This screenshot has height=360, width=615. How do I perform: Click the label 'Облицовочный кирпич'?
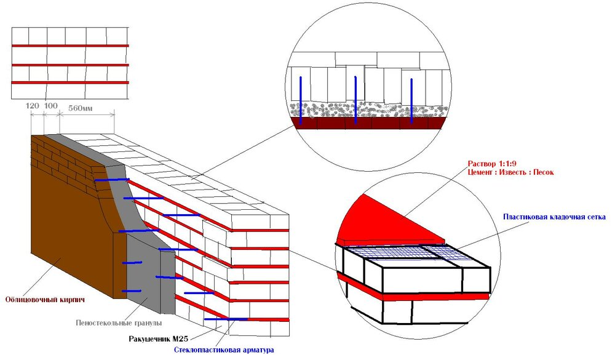click(x=45, y=300)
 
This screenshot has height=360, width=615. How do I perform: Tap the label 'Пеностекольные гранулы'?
click(x=119, y=323)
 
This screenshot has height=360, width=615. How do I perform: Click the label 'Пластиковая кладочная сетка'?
click(x=554, y=217)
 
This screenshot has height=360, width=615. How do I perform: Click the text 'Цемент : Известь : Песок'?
click(x=510, y=172)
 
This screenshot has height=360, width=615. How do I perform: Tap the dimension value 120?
click(x=33, y=106)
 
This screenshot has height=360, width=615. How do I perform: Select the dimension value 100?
click(x=50, y=106)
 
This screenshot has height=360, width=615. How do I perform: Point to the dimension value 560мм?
click(x=81, y=108)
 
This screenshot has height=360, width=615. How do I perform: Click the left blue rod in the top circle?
click(x=301, y=100)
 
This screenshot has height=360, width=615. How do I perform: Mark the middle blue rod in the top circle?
click(x=355, y=100)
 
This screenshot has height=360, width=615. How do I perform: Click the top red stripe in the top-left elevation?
click(x=70, y=46)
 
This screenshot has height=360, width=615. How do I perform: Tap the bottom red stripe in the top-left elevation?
click(x=70, y=82)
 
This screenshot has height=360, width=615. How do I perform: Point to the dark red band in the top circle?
click(x=368, y=123)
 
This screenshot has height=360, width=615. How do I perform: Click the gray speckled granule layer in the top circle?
click(x=368, y=110)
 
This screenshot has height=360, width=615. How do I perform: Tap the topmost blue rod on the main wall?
click(x=112, y=180)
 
